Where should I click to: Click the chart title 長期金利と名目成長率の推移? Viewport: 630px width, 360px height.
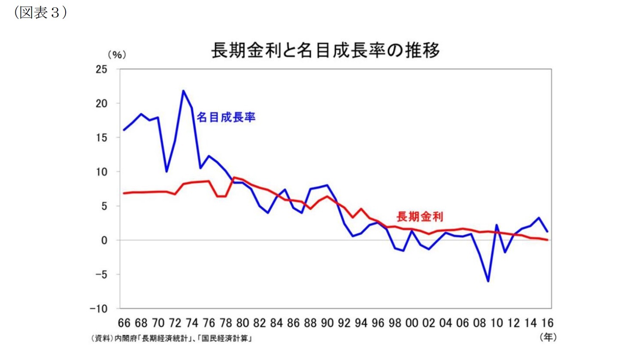[325, 51]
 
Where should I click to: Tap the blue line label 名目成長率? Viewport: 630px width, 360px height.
[226, 117]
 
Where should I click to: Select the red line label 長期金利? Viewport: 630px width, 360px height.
[419, 217]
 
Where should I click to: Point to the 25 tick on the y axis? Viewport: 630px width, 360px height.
[102, 69]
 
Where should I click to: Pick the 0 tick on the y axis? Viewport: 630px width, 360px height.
[104, 240]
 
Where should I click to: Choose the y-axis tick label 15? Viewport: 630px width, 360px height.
[102, 138]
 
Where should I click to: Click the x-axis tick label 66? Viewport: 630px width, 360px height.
[124, 323]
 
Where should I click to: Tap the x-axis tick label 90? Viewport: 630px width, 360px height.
[327, 323]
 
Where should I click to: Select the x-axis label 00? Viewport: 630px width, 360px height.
[412, 323]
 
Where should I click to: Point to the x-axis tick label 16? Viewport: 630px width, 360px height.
[547, 323]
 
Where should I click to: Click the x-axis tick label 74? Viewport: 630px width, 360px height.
[192, 323]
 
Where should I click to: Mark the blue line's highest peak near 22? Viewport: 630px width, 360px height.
[183, 91]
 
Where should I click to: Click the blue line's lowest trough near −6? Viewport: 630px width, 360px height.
[488, 281]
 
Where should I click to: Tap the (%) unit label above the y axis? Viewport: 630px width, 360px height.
[117, 55]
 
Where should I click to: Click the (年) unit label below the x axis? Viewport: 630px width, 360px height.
[548, 337]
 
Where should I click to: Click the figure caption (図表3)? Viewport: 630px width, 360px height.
[41, 13]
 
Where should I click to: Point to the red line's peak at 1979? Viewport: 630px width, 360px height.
[234, 177]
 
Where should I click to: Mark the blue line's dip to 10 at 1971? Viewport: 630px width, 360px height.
[167, 171]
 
